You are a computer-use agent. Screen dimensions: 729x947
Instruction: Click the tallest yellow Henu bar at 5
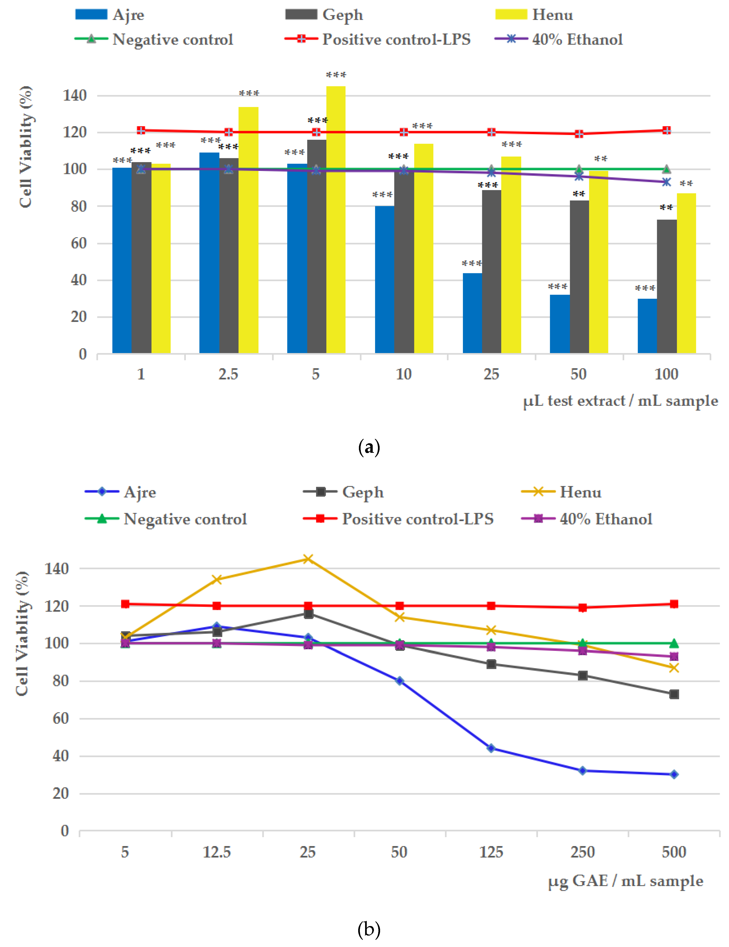pos(336,219)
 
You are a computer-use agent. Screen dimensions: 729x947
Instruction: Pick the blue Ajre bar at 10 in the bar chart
pos(384,280)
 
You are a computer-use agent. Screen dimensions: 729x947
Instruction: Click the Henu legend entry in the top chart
pos(534,15)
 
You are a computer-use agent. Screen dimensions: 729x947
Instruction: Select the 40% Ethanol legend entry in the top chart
pos(559,40)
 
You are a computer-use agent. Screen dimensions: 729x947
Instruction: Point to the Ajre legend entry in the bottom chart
pos(120,492)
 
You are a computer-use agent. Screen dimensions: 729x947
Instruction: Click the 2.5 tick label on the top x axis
pos(228,374)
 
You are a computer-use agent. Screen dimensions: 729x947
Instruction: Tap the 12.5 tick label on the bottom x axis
pos(217,852)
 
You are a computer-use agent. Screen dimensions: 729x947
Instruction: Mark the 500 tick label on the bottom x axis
pos(674,852)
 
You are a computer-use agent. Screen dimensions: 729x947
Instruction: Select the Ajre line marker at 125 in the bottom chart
pos(491,748)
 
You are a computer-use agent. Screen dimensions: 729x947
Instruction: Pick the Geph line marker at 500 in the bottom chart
pos(674,694)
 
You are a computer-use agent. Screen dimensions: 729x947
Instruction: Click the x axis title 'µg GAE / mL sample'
pos(625,881)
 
